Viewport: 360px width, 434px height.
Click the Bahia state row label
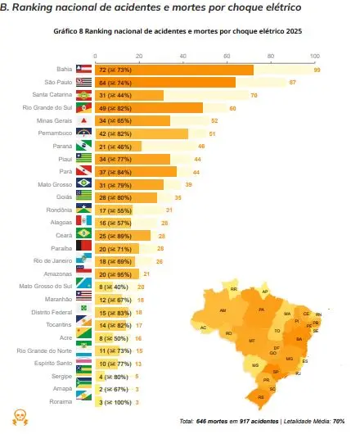point(61,70)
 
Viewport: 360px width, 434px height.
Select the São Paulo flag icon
point(83,83)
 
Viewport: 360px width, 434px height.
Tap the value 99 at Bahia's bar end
point(316,70)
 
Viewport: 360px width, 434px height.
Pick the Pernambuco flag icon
point(83,133)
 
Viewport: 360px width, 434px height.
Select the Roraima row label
point(60,402)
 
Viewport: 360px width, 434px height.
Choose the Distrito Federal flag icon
point(83,313)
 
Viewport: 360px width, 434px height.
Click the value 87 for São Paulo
point(293,83)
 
